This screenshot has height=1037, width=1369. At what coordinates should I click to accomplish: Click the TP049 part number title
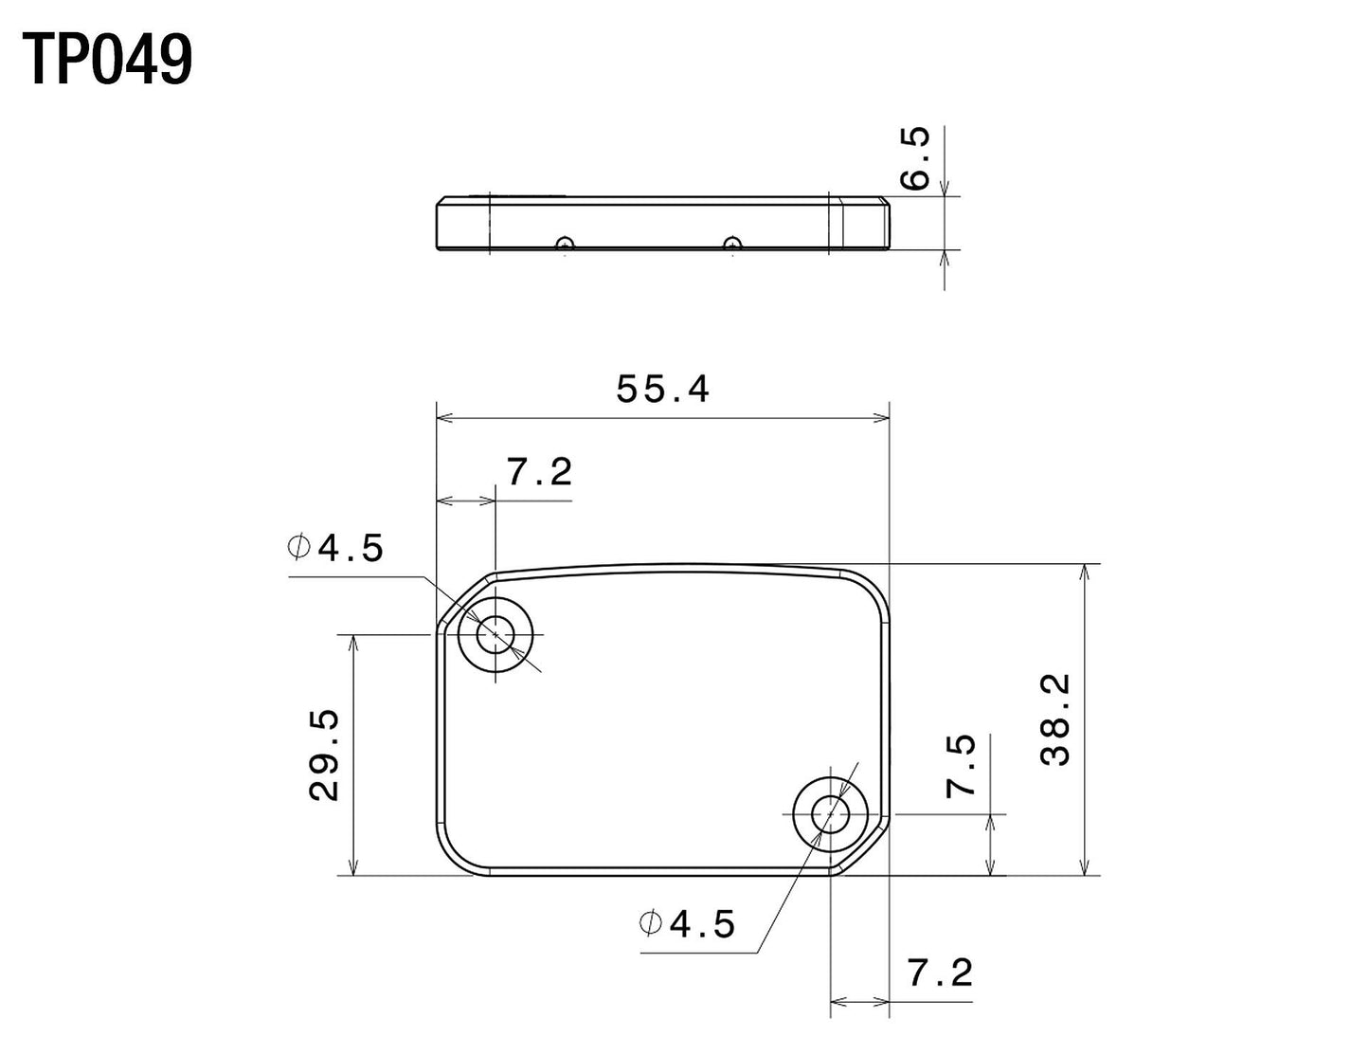click(107, 59)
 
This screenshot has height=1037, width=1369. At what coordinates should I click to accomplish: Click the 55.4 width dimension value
click(662, 389)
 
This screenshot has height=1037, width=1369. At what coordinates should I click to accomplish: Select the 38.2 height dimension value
click(1054, 719)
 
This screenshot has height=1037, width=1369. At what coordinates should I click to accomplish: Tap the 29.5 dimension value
click(325, 755)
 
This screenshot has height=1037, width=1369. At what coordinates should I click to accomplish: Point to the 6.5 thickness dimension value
click(915, 158)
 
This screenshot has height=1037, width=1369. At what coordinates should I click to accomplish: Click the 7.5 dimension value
click(962, 766)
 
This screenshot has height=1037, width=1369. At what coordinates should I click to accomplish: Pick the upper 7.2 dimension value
click(539, 471)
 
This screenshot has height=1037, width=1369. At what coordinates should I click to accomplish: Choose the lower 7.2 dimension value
click(939, 973)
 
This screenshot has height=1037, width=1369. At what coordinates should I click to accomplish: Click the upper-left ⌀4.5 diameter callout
click(336, 548)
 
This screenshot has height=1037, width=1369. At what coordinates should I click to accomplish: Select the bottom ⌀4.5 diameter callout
click(688, 923)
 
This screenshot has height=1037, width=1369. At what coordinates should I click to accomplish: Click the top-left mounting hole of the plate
click(495, 635)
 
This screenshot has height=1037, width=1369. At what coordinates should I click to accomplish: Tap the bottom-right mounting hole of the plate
click(831, 813)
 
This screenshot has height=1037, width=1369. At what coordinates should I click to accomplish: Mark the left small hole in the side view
click(565, 244)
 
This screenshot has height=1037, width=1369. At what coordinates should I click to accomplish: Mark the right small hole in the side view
click(730, 244)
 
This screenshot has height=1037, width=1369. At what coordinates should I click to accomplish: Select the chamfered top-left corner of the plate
click(464, 599)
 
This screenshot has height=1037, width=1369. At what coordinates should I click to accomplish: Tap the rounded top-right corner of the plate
click(874, 588)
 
